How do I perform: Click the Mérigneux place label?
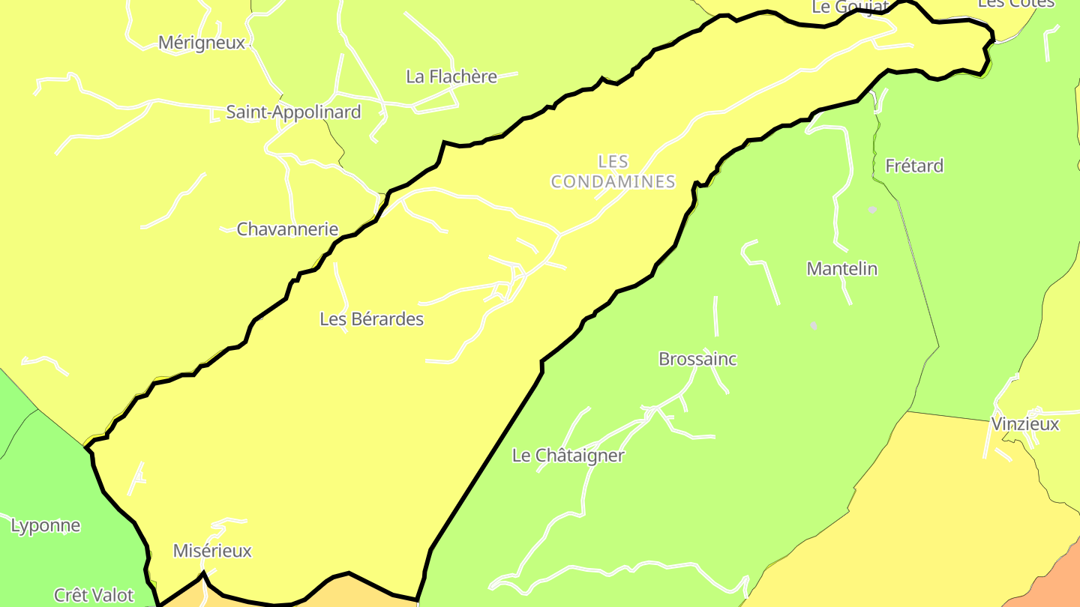pyautogui.click(x=202, y=43)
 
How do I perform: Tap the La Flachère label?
pyautogui.click(x=451, y=76)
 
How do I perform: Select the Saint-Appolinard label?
pyautogui.click(x=293, y=112)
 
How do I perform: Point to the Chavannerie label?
pyautogui.click(x=287, y=229)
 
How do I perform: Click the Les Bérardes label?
pyautogui.click(x=371, y=319)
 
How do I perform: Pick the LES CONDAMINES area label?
pyautogui.click(x=613, y=172)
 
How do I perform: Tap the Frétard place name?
pyautogui.click(x=914, y=166)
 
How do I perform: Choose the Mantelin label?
pyautogui.click(x=841, y=269)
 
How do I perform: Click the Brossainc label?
pyautogui.click(x=697, y=359)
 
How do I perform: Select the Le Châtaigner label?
pyautogui.click(x=568, y=456)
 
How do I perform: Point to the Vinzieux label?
pyautogui.click(x=1025, y=424)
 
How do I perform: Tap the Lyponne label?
pyautogui.click(x=46, y=526)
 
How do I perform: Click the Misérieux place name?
pyautogui.click(x=212, y=552)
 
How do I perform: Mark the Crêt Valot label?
pyautogui.click(x=94, y=596)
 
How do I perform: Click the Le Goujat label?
pyautogui.click(x=849, y=7)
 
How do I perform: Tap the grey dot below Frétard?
pyautogui.click(x=872, y=210)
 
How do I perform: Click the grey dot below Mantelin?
pyautogui.click(x=814, y=326)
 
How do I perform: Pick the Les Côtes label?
pyautogui.click(x=1016, y=4)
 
